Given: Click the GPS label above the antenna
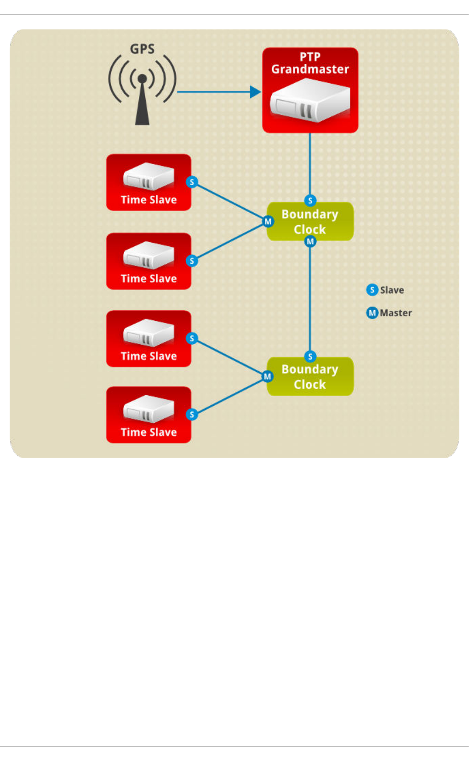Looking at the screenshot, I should [x=142, y=49].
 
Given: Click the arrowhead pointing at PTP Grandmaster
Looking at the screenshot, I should [x=255, y=92].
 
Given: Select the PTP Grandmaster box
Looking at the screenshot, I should [x=310, y=90].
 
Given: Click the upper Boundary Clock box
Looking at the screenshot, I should [x=310, y=221].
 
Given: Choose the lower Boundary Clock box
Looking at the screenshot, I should [x=310, y=376].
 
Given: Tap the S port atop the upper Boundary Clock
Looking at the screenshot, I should [x=310, y=200].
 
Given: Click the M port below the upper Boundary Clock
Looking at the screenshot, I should [x=310, y=241].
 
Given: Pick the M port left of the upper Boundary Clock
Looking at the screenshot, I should [x=268, y=221].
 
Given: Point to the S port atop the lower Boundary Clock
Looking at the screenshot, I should [x=310, y=356].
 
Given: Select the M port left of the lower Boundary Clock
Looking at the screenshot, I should [x=268, y=376].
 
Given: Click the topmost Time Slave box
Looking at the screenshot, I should [x=149, y=182].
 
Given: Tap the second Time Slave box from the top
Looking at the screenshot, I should [x=149, y=261].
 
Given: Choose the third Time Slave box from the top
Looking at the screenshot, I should [x=149, y=339].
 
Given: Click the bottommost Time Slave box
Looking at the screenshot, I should [x=149, y=415].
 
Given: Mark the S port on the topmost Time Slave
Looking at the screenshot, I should [x=192, y=182].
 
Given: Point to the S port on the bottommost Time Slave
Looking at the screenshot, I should [x=192, y=415].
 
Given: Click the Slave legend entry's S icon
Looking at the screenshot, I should [x=372, y=290].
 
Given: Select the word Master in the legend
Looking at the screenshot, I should [x=396, y=313].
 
